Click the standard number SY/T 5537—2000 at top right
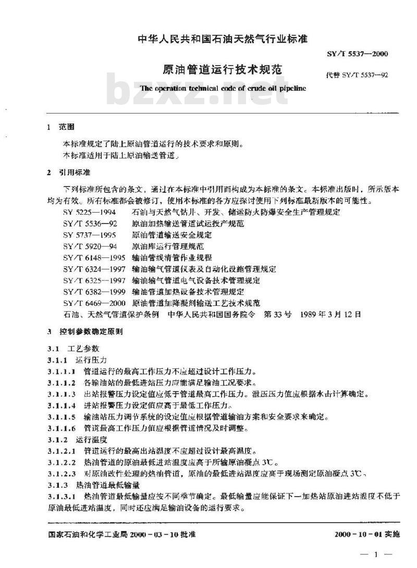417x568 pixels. pos(358,54)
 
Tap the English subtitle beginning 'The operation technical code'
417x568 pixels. pos(223,89)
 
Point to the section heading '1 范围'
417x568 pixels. pos(61,127)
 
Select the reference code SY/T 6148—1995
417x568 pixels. pos(92,257)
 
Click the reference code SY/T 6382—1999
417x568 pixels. pos(92,291)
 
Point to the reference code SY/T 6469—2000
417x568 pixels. pos(92,303)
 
